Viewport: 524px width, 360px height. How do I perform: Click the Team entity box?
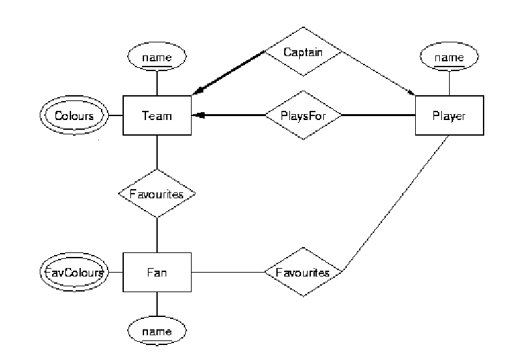157,115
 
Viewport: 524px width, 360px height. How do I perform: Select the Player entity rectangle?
449,115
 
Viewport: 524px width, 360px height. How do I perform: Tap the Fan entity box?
157,271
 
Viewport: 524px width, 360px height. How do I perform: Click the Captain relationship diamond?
302,50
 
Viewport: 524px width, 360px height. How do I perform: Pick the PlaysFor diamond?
302,115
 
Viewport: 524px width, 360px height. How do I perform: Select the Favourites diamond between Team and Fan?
156,194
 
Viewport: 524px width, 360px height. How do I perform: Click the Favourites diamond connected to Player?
302,271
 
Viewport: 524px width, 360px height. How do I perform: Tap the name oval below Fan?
157,332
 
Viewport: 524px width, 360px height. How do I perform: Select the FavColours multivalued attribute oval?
73,271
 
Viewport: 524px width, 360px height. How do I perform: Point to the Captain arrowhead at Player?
411,93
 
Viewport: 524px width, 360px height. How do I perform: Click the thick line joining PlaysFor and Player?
378,115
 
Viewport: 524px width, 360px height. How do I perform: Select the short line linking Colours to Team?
116,115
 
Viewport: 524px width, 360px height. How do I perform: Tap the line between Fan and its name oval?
157,305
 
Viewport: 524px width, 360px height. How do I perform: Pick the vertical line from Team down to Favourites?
157,153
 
